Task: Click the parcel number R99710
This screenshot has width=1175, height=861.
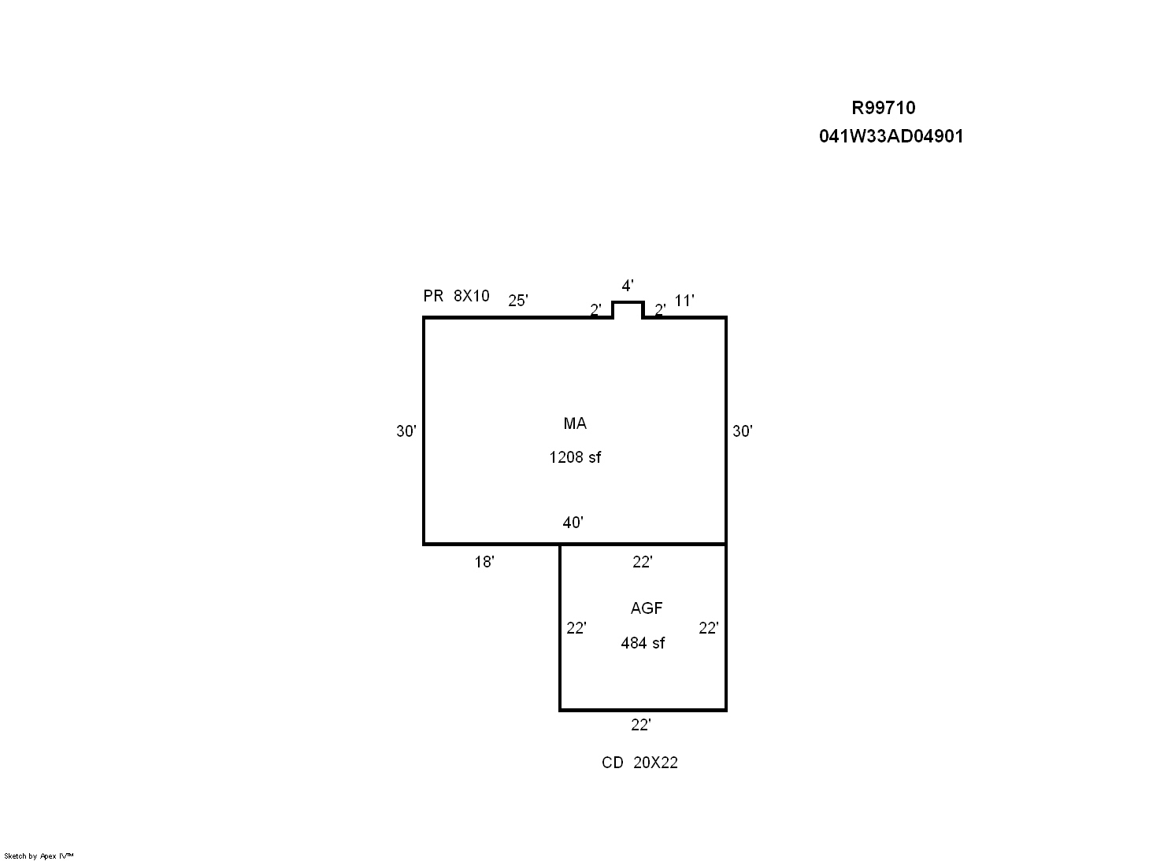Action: tap(884, 108)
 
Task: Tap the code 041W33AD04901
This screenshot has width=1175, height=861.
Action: tap(891, 136)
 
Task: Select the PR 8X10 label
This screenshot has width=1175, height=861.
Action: tap(456, 296)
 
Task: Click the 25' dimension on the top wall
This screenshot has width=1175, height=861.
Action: tap(517, 301)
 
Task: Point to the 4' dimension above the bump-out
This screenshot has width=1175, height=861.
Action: tap(628, 286)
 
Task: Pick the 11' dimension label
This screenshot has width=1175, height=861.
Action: tap(684, 301)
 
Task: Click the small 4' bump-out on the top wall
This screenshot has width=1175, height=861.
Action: tap(628, 302)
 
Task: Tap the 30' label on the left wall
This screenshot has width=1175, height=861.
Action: tap(406, 431)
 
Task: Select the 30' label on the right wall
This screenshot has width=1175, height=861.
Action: tap(742, 431)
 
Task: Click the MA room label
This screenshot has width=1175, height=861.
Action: tap(575, 423)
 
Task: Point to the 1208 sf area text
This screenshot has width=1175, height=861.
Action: tap(575, 457)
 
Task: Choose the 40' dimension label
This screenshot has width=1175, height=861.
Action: tap(573, 523)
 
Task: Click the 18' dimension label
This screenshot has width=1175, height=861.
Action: tap(484, 562)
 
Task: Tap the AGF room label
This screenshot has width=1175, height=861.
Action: tap(647, 608)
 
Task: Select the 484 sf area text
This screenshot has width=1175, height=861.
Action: tap(643, 643)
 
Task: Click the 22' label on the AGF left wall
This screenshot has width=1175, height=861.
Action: tap(576, 628)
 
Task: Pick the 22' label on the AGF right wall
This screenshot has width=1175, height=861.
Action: tap(708, 628)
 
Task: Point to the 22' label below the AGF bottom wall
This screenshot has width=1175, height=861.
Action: tap(640, 725)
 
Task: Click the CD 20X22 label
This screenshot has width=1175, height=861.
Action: tap(639, 763)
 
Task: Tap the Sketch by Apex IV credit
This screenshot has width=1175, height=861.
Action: tap(39, 855)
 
